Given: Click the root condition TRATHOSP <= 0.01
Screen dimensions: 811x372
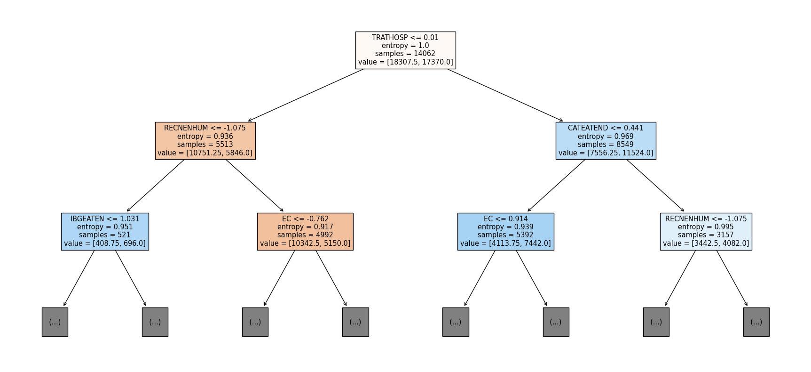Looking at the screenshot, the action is click(x=405, y=38).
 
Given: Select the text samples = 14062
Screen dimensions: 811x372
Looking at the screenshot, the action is click(x=405, y=54).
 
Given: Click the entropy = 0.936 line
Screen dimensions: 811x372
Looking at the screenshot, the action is click(x=205, y=137).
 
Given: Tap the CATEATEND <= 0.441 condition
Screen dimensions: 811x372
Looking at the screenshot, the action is click(x=606, y=128).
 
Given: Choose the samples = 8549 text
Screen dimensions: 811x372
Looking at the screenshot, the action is click(x=606, y=145).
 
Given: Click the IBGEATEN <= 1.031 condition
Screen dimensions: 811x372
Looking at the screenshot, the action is click(x=105, y=219).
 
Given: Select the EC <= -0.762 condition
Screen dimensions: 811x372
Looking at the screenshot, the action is click(x=305, y=219).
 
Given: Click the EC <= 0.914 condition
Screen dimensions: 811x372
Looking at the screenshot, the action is click(x=505, y=219).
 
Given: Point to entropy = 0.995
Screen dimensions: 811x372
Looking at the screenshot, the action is click(x=706, y=227).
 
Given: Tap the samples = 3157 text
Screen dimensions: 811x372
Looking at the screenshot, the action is click(x=706, y=235).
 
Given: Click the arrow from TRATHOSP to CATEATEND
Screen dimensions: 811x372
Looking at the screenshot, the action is click(x=505, y=95).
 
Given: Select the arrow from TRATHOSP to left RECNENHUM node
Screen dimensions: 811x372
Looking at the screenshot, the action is click(x=306, y=95).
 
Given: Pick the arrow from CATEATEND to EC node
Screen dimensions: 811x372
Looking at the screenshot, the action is click(x=556, y=186).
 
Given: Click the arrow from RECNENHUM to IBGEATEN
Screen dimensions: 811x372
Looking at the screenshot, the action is click(x=156, y=186).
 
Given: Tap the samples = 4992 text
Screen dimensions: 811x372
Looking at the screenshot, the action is click(x=305, y=235).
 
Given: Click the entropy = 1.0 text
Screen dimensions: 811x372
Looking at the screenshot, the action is click(x=405, y=46).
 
